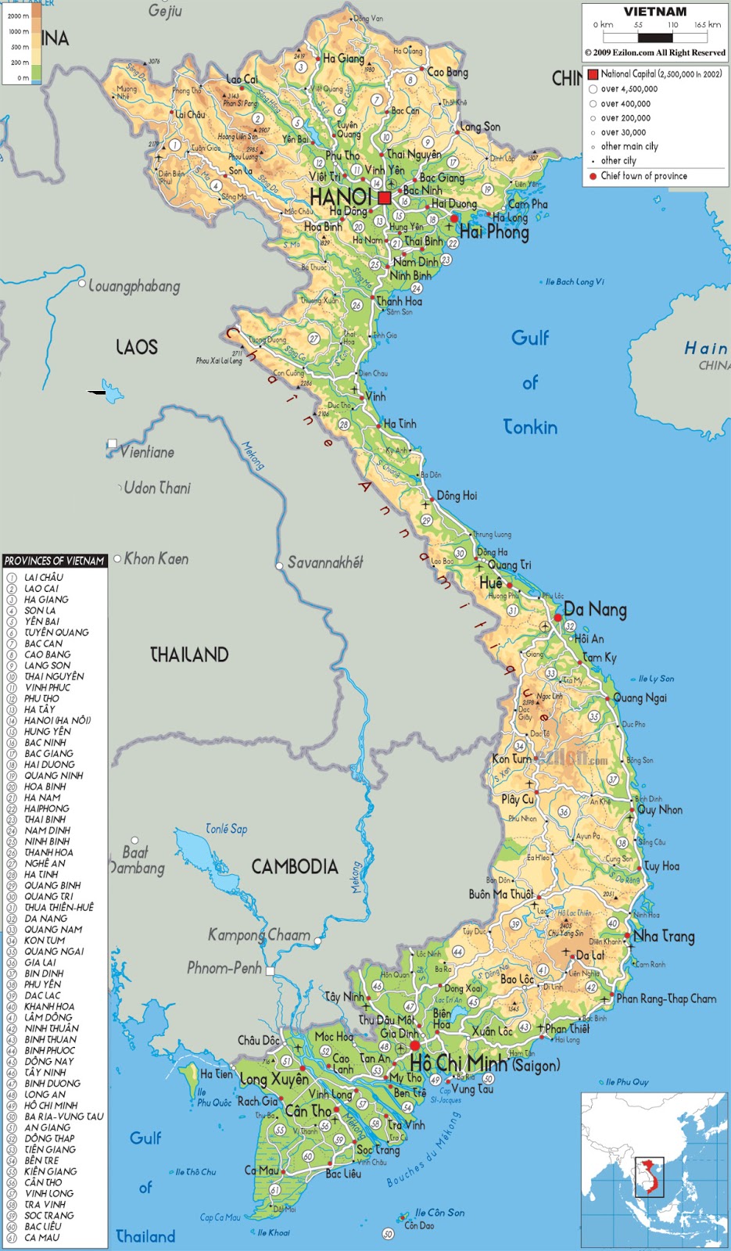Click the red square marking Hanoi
384,198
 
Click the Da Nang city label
595,609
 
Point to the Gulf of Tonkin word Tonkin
530,427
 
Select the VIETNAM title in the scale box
655,12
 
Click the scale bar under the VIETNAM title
655,37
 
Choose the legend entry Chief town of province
643,176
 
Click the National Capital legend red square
593,74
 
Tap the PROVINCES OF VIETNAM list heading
54,561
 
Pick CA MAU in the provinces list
41,1238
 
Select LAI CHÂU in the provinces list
44,577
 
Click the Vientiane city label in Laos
147,452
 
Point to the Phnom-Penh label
224,968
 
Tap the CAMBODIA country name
295,866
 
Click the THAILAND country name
189,654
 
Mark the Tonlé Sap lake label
226,829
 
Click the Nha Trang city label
664,936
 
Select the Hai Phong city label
494,231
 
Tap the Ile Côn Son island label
439,1212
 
